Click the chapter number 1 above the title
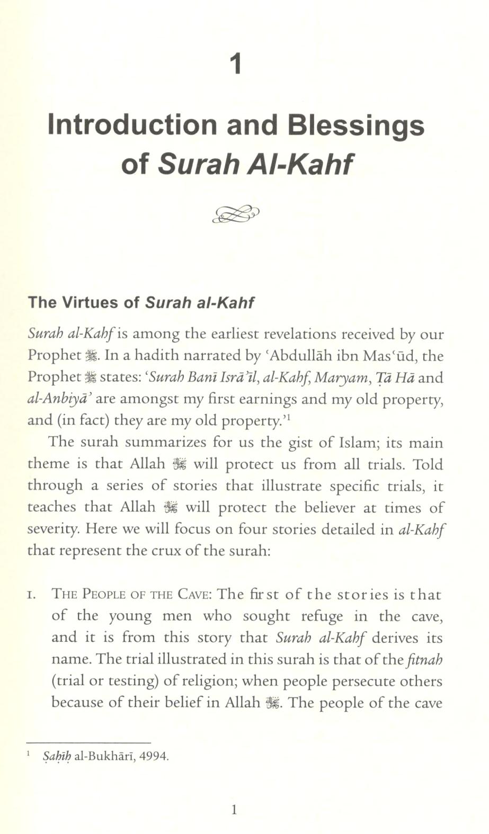(x=237, y=64)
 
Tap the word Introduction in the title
(x=132, y=125)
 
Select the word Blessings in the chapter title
(x=355, y=125)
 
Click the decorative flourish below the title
(x=236, y=214)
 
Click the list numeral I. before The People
(x=32, y=595)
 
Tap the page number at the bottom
(x=234, y=809)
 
